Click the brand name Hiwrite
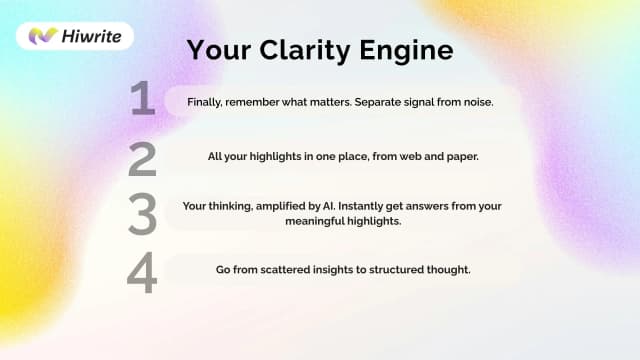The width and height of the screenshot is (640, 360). pyautogui.click(x=91, y=36)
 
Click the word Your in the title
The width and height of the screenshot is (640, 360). pyautogui.click(x=218, y=49)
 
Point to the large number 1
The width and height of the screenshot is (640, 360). pyautogui.click(x=142, y=100)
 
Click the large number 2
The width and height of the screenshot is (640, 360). pyautogui.click(x=142, y=158)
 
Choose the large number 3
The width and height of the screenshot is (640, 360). pyautogui.click(x=142, y=214)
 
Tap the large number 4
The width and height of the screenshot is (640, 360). pyautogui.click(x=142, y=272)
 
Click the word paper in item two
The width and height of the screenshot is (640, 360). pyautogui.click(x=457, y=157)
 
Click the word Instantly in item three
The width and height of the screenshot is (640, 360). pyautogui.click(x=368, y=206)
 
